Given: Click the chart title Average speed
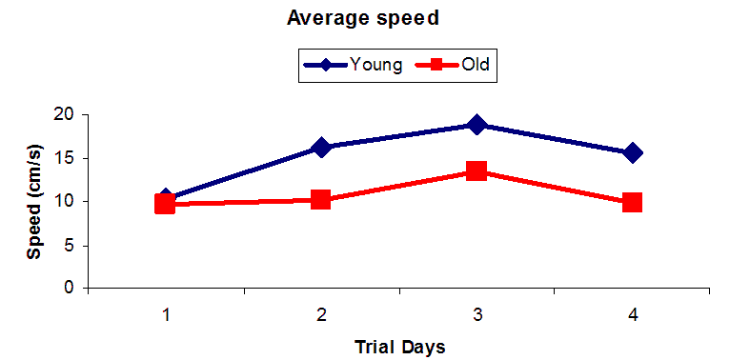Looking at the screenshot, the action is pyautogui.click(x=363, y=19).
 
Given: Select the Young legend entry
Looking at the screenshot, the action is pyautogui.click(x=353, y=64).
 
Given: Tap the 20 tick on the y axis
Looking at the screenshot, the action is pyautogui.click(x=68, y=115).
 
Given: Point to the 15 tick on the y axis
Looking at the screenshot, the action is pyautogui.click(x=68, y=158).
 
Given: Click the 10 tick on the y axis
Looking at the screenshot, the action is pyautogui.click(x=68, y=202).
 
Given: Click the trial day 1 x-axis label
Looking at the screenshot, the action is pyautogui.click(x=166, y=315).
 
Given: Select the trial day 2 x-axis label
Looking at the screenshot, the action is pyautogui.click(x=321, y=315).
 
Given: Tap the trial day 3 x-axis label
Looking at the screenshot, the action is pyautogui.click(x=477, y=315).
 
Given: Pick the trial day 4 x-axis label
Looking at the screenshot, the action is pyautogui.click(x=632, y=315).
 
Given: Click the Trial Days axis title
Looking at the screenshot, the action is pyautogui.click(x=399, y=347).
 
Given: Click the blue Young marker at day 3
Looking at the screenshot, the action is pyautogui.click(x=477, y=125).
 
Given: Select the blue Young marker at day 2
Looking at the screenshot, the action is pyautogui.click(x=321, y=147).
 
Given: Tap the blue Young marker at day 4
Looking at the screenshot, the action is pyautogui.click(x=632, y=152).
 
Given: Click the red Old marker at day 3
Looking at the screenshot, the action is pyautogui.click(x=477, y=170).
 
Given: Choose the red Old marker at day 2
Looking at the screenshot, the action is pyautogui.click(x=321, y=200).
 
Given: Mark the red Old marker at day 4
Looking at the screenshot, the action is pyautogui.click(x=632, y=202).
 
